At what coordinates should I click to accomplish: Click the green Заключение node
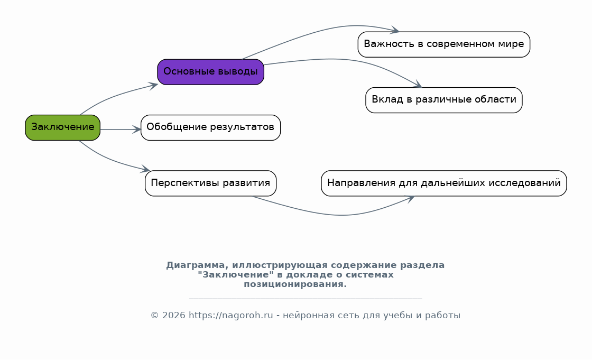pos(63,128)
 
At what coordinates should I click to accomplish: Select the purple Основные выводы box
pos(211,72)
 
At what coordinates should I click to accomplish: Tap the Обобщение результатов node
pos(211,128)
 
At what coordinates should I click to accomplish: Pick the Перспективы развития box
pos(211,183)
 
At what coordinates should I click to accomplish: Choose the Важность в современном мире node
pos(444,44)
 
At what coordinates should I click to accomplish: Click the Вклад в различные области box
pos(444,100)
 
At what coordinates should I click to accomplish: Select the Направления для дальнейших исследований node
pos(444,183)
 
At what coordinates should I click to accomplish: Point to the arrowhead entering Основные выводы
pos(154,86)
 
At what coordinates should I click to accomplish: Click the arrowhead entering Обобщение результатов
pos(137,130)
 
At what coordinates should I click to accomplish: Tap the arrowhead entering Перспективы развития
pos(146,170)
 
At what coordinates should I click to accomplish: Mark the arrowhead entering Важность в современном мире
pos(395,30)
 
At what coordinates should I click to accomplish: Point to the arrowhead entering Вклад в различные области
pos(417,85)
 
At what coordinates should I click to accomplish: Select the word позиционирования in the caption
pos(295,284)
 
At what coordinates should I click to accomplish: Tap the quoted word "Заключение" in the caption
pos(236,275)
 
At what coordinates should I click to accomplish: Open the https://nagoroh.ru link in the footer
pos(230,316)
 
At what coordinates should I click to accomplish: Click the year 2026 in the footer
pos(174,316)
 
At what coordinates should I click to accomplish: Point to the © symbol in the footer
pos(154,316)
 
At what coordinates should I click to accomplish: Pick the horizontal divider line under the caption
pos(306,299)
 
